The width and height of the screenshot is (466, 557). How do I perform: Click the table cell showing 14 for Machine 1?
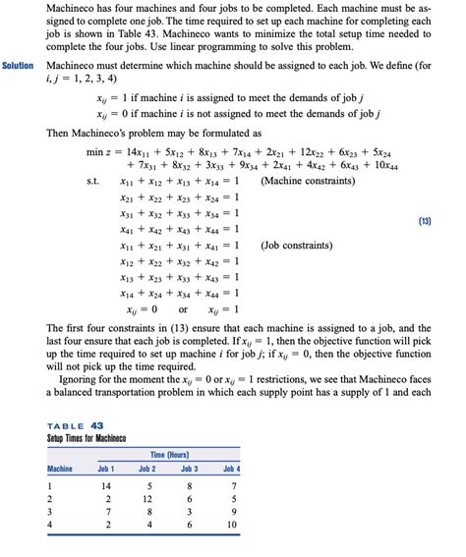click(106, 486)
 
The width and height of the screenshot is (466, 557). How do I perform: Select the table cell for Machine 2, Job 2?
click(148, 499)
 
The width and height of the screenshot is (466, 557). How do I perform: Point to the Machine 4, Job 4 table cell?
click(231, 526)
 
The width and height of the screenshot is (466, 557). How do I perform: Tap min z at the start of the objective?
click(100, 152)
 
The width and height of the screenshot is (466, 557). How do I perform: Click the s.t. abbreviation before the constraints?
click(94, 182)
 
